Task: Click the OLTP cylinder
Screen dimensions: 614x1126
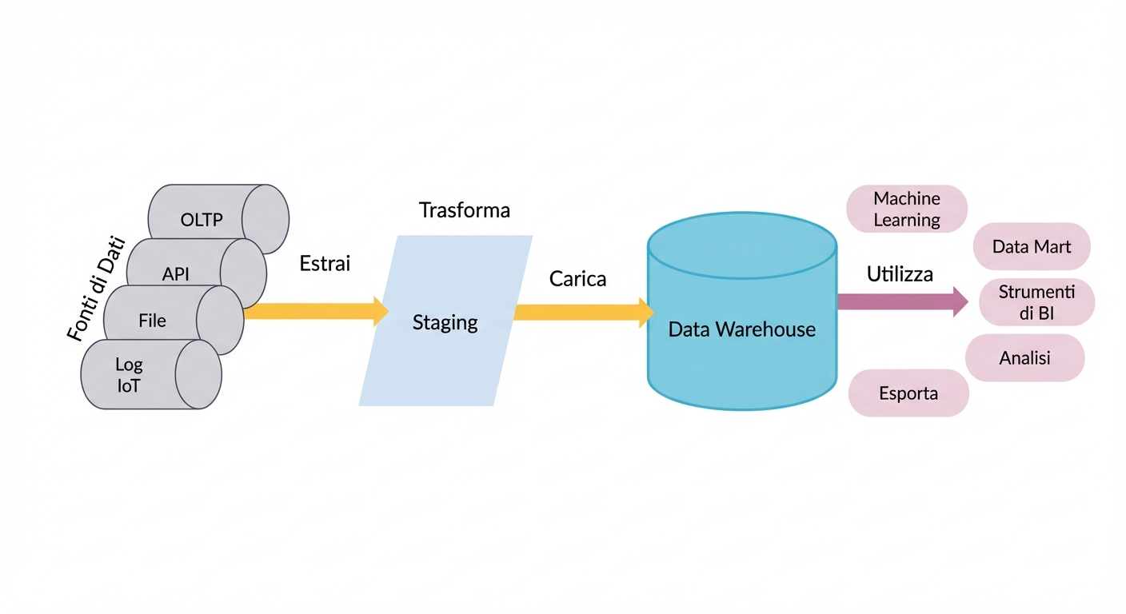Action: click(202, 218)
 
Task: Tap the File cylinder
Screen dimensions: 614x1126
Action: click(152, 321)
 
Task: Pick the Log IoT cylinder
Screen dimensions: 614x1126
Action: click(130, 375)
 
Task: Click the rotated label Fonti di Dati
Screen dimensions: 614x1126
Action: click(96, 289)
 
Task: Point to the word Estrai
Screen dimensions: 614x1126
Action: click(325, 263)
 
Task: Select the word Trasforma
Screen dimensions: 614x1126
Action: click(465, 210)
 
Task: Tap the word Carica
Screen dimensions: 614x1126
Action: click(577, 279)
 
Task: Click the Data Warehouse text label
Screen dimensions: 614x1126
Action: click(742, 329)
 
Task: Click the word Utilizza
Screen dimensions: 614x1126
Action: click(900, 274)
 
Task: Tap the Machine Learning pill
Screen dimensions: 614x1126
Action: click(907, 209)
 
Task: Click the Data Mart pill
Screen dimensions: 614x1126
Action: click(1032, 246)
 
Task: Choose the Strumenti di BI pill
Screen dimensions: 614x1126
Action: click(1036, 303)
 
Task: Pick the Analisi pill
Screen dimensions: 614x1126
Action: click(1025, 357)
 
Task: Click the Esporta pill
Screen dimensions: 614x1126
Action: click(908, 393)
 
